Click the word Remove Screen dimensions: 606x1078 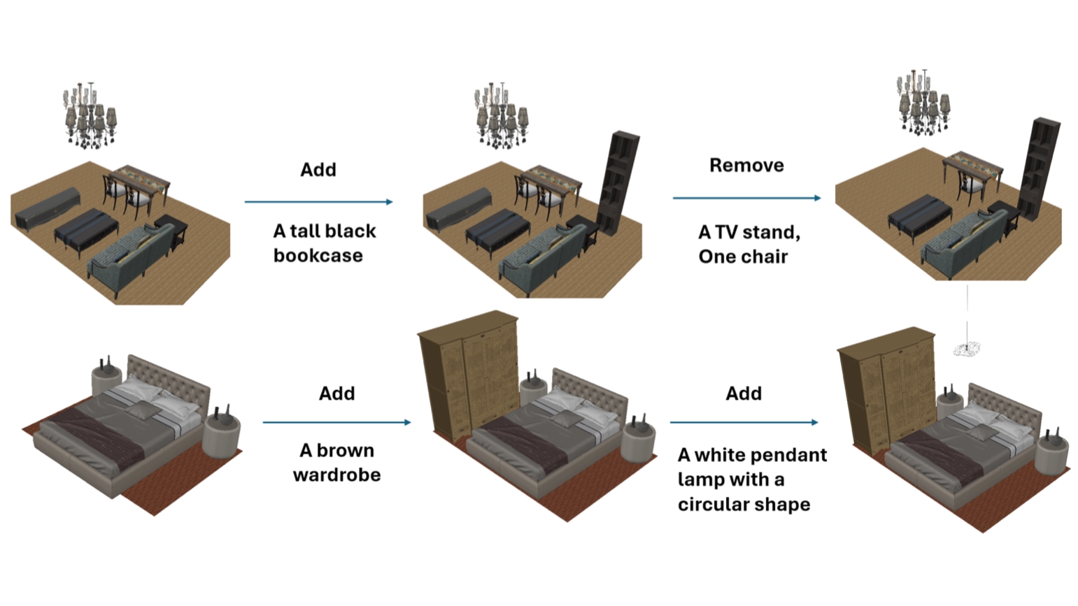(x=746, y=166)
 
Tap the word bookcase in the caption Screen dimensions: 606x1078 (x=318, y=256)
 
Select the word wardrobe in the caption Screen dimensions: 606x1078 (x=336, y=475)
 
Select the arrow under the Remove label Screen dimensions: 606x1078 (x=746, y=199)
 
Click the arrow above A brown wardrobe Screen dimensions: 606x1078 (x=336, y=422)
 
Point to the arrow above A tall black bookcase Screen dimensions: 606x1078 (x=318, y=202)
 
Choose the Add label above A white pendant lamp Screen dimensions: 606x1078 (x=743, y=394)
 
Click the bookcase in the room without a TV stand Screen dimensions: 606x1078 (x=1039, y=168)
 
